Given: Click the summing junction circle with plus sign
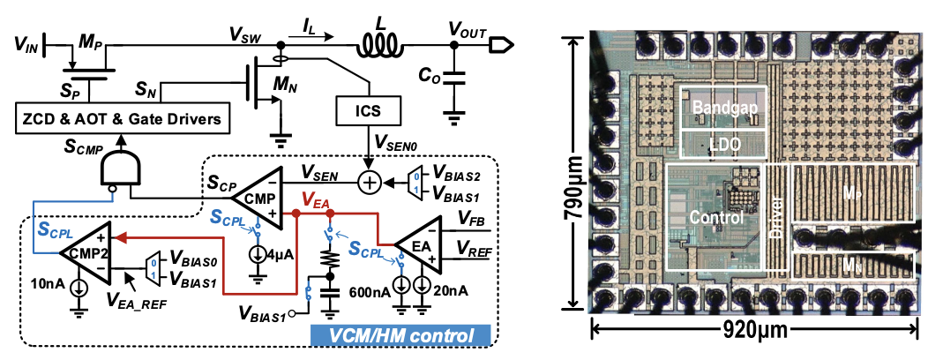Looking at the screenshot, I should coord(367,184).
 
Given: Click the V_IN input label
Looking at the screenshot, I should coord(27,45).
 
